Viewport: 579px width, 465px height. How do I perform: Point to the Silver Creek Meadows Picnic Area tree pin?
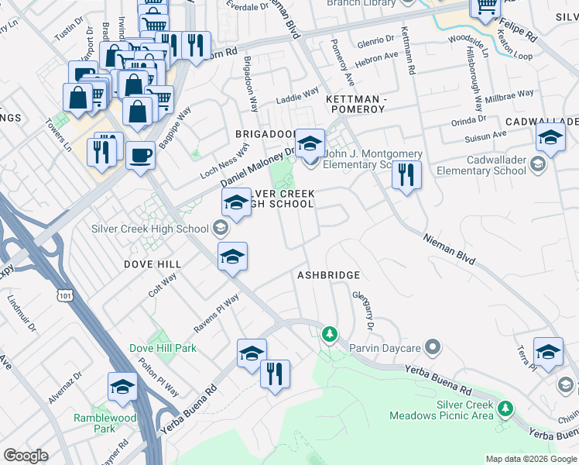click(x=505, y=408)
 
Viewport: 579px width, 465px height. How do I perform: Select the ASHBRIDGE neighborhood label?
click(x=329, y=275)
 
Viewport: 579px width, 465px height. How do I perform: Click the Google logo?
click(x=26, y=456)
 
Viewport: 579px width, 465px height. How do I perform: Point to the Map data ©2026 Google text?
click(x=530, y=459)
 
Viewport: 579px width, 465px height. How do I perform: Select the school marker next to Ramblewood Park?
click(x=122, y=386)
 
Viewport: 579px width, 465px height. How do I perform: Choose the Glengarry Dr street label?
click(x=364, y=310)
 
